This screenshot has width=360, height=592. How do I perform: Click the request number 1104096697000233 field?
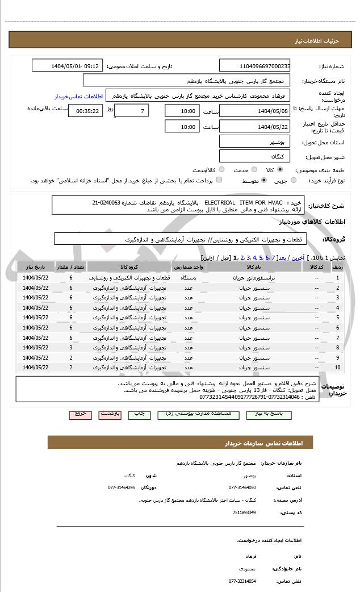click(254, 66)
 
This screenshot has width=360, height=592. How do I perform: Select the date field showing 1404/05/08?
click(254, 111)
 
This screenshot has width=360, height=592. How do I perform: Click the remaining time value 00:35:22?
click(86, 111)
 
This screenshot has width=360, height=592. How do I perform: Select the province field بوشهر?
click(254, 141)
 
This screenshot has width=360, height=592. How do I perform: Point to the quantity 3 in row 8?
click(71, 347)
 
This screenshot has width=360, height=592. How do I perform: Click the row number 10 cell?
click(337, 368)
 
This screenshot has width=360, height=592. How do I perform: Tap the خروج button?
click(80, 415)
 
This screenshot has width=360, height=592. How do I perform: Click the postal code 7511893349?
click(244, 512)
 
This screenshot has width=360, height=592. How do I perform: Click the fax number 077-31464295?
click(122, 487)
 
